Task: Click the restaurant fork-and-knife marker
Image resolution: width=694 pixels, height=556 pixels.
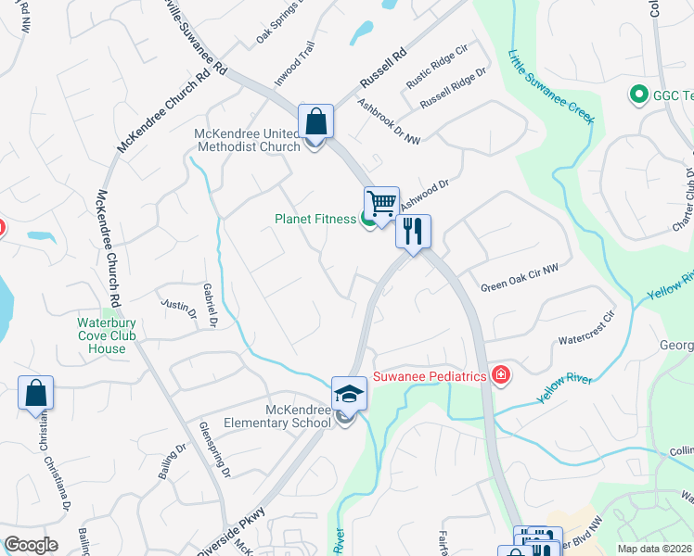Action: [x=413, y=231]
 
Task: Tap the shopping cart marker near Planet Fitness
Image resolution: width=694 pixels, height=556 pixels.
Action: [x=381, y=203]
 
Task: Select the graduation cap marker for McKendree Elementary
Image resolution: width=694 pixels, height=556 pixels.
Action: [x=350, y=393]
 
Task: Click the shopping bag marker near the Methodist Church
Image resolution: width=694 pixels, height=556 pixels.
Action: [x=315, y=120]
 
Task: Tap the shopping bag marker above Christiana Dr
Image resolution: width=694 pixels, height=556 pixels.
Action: [x=35, y=393]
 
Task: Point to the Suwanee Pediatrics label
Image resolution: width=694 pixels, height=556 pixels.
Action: [x=431, y=376]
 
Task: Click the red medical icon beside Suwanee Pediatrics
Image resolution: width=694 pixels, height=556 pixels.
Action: [x=502, y=374]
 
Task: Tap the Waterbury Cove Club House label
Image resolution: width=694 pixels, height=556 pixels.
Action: [x=101, y=336]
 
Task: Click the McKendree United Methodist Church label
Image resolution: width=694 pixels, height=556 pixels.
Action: [x=247, y=140]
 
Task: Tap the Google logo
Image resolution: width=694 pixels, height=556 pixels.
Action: [x=31, y=545]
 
